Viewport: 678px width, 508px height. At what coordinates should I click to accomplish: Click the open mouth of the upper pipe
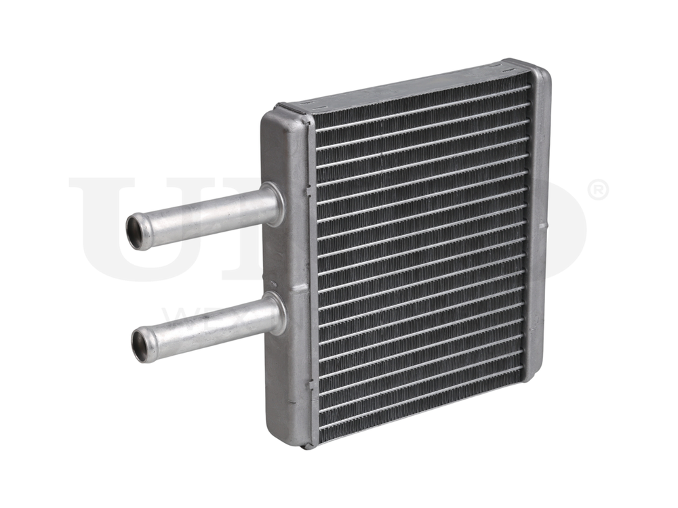click(138, 232)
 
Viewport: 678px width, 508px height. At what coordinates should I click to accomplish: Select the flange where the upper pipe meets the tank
click(273, 204)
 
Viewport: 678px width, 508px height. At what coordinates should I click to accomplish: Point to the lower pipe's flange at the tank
click(275, 314)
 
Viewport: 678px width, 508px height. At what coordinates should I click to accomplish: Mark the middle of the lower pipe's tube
click(207, 329)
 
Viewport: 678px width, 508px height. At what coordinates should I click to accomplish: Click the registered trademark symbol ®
click(598, 190)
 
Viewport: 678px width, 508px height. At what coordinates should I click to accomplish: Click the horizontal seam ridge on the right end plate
click(541, 224)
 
